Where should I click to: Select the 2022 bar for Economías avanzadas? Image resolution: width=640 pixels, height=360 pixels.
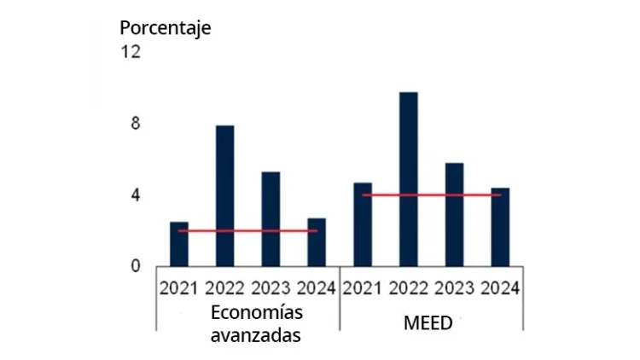click(x=225, y=196)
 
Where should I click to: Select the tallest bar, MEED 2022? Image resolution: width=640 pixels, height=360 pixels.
click(x=409, y=179)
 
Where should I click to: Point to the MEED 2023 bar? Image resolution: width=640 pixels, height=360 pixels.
click(x=455, y=214)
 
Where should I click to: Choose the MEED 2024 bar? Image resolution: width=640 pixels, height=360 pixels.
click(x=500, y=227)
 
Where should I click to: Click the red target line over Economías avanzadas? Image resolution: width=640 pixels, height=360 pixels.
click(x=247, y=230)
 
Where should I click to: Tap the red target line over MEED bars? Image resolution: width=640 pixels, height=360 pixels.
click(x=431, y=195)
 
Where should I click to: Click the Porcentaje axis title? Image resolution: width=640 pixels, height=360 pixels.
click(x=165, y=27)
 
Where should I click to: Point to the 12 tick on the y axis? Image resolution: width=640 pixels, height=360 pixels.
click(x=131, y=52)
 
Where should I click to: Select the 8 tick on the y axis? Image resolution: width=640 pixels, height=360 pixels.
click(x=135, y=124)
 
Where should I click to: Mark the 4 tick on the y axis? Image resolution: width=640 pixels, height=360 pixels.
click(x=135, y=195)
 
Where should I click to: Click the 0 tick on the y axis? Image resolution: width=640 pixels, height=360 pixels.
click(x=135, y=266)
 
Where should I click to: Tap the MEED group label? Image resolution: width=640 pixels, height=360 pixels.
click(x=432, y=324)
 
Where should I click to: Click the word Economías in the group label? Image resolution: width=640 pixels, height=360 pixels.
click(x=255, y=312)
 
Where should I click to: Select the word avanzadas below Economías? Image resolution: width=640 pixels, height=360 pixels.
click(x=255, y=334)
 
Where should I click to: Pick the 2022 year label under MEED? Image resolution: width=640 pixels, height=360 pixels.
click(x=410, y=287)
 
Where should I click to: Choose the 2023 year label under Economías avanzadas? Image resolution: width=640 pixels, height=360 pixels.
click(x=271, y=287)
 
